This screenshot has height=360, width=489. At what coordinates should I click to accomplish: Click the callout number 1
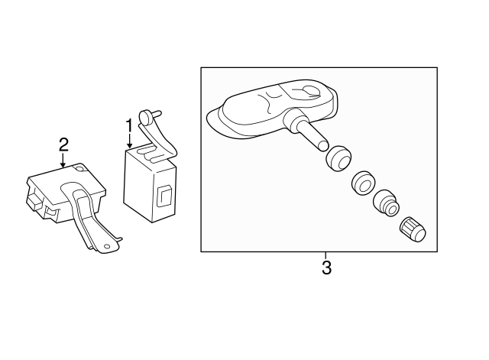tap(129, 125)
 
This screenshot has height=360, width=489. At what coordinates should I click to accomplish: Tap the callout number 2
tap(63, 144)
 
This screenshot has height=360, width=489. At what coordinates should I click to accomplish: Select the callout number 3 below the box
tap(326, 268)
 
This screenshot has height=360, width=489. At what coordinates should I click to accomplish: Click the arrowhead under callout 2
tap(63, 165)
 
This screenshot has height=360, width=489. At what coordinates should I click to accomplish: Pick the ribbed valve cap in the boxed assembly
tap(413, 230)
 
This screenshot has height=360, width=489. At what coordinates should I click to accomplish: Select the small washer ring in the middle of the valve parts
tap(363, 183)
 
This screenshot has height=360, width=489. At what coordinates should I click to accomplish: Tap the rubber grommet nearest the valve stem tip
tap(338, 158)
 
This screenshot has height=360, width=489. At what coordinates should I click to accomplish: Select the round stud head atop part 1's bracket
tap(145, 118)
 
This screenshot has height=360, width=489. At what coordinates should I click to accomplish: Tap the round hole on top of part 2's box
tap(81, 168)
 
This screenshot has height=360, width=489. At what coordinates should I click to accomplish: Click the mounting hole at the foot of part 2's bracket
tap(107, 246)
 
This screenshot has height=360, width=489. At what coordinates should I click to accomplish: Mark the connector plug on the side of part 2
tap(35, 200)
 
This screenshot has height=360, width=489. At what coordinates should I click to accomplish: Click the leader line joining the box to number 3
tap(326, 255)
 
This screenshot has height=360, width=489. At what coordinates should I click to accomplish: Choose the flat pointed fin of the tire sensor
tap(218, 121)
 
